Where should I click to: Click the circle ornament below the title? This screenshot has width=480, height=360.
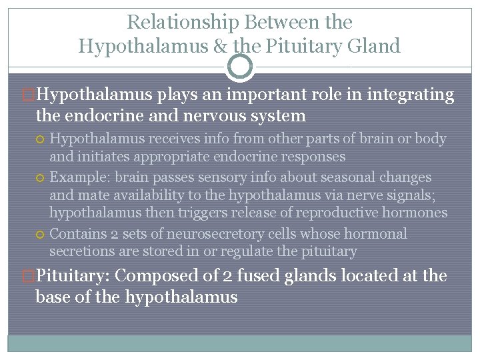[x=240, y=67]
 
